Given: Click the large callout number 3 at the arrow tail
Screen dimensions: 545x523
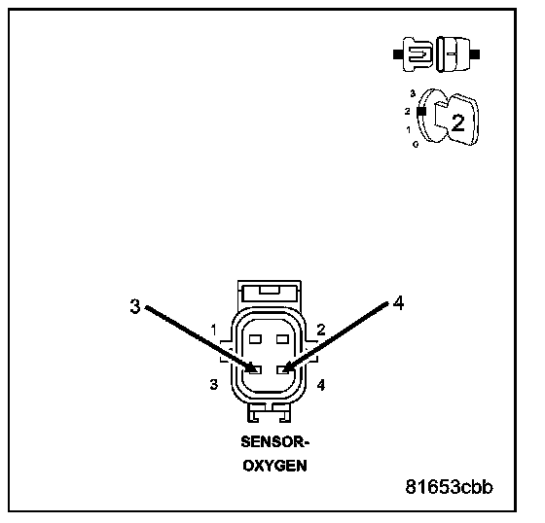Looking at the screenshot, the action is point(135,306).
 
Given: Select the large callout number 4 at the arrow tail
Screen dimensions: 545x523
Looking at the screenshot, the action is point(398,303).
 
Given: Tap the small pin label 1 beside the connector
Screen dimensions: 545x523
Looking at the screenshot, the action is point(214,330).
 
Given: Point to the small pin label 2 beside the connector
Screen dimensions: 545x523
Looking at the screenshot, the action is point(321,330).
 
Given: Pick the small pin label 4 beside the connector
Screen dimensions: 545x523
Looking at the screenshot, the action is point(321,385).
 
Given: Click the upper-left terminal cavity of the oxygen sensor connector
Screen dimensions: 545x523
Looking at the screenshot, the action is point(255,339).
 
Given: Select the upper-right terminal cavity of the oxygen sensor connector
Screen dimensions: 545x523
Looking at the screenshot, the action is point(282,339).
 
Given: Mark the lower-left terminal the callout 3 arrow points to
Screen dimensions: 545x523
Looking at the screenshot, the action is point(255,369).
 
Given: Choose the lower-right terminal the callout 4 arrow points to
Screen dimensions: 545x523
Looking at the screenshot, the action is point(282,369).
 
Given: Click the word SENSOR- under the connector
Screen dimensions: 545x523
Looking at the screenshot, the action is point(274,442).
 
